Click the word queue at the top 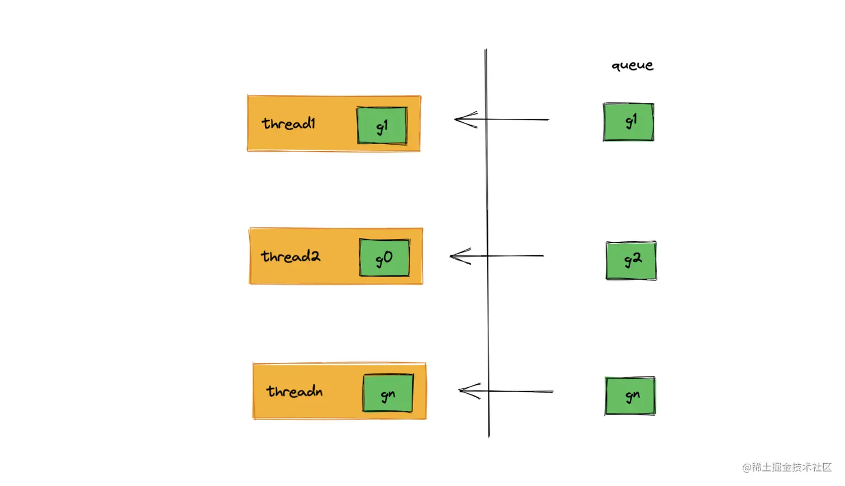(x=632, y=66)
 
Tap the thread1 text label (x=288, y=123)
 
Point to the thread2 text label (x=290, y=256)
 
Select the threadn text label (x=294, y=391)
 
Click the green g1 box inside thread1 (x=382, y=126)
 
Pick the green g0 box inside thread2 (x=384, y=258)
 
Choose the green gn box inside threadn (x=388, y=393)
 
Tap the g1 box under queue (x=629, y=122)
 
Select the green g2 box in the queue (x=632, y=260)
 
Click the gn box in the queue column (x=630, y=396)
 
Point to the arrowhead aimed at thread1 (x=458, y=119)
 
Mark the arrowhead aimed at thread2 (x=454, y=256)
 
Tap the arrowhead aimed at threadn (x=462, y=391)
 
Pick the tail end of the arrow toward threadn (x=551, y=392)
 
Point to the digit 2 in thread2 (x=315, y=256)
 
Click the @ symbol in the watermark (x=747, y=468)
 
